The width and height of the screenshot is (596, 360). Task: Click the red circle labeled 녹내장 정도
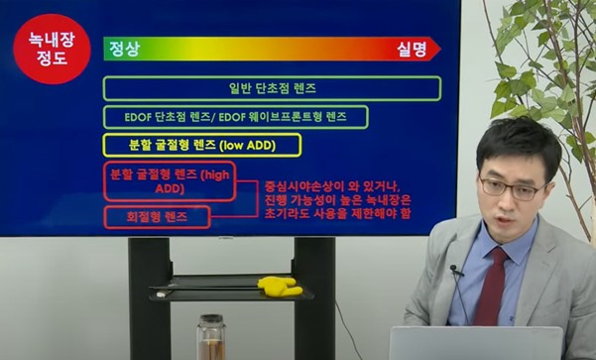tap(43, 50)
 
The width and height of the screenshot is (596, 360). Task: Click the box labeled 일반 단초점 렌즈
tap(272, 88)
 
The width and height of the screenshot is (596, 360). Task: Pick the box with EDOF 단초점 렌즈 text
tap(235, 117)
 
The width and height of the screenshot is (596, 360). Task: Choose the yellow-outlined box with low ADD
tap(201, 145)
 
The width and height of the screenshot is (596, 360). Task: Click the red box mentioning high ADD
tap(169, 180)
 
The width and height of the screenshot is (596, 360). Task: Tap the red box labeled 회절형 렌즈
tap(157, 216)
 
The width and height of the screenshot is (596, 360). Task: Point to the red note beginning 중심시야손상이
tap(337, 198)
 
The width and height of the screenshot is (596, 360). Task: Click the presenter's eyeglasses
tap(510, 185)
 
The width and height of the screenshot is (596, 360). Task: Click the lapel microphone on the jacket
tap(456, 270)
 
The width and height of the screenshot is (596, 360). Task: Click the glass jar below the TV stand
tap(210, 337)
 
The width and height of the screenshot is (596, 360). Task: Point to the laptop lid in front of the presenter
tap(476, 343)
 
